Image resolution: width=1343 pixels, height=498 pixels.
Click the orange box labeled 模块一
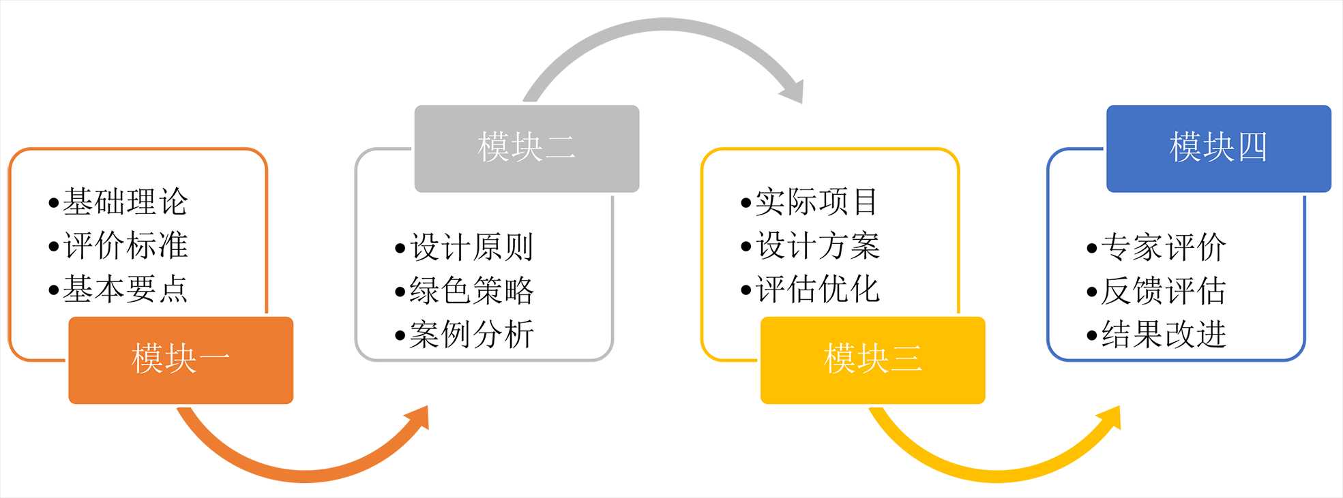tap(181, 360)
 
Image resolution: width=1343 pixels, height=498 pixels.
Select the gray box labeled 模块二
tap(527, 148)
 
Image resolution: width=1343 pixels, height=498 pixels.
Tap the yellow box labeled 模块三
tap(872, 360)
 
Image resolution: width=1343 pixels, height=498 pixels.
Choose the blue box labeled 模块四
tap(1218, 148)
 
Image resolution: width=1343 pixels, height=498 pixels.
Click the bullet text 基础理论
tap(125, 202)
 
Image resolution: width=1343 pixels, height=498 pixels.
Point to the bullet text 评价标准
tap(125, 245)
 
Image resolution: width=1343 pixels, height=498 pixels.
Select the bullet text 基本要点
tap(125, 289)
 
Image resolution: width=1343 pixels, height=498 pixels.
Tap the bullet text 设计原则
tap(471, 247)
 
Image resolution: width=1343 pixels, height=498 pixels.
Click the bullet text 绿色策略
tap(471, 291)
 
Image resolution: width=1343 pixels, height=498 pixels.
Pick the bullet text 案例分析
tap(471, 334)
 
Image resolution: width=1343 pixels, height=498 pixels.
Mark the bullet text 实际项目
tap(816, 202)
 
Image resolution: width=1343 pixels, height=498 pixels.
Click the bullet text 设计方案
tap(818, 245)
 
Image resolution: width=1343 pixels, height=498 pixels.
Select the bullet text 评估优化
tap(818, 289)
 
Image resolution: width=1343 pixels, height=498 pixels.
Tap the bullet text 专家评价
tap(1163, 247)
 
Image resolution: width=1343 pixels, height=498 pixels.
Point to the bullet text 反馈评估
tap(1163, 291)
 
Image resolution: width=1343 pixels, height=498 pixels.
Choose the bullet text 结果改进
tap(1163, 334)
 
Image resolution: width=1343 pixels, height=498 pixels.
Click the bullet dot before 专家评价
tap(1092, 248)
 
